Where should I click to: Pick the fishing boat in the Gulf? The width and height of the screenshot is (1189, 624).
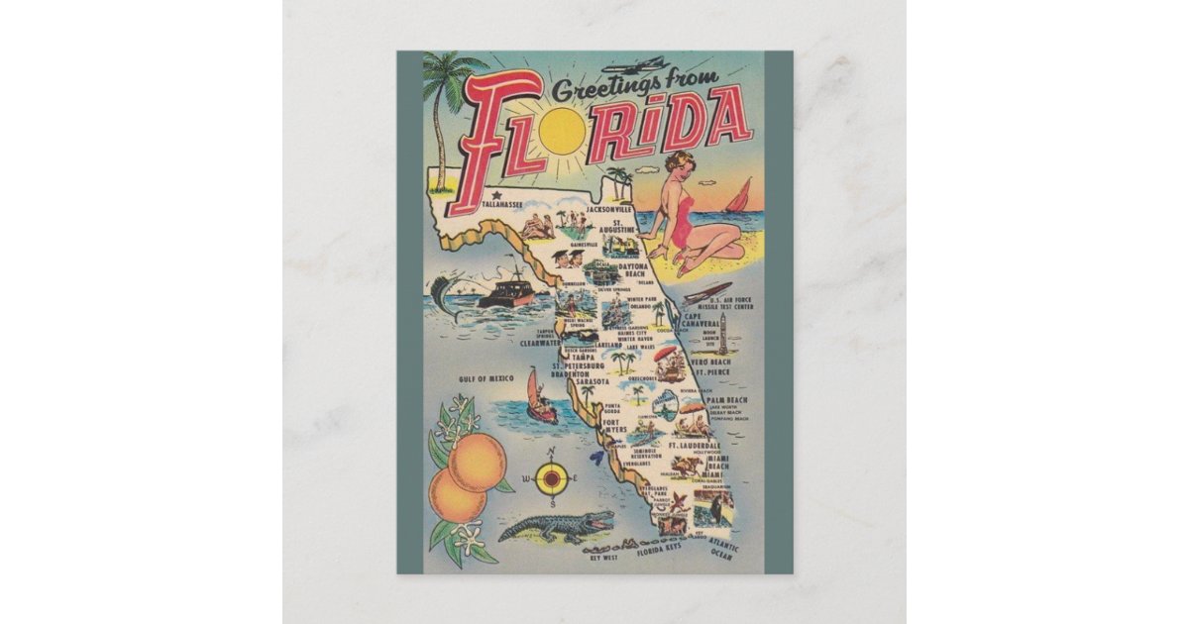point(506,291)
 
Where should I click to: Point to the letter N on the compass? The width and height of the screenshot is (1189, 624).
point(553,455)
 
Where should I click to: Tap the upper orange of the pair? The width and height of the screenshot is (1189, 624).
point(477,461)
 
